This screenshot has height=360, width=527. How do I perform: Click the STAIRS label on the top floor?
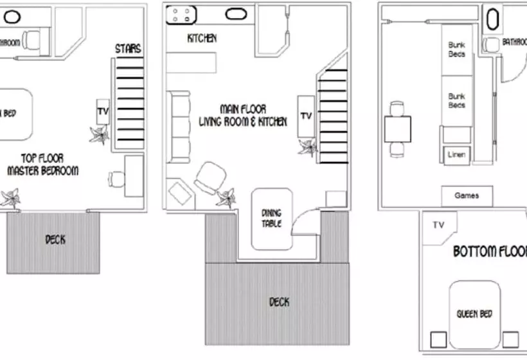(128, 49)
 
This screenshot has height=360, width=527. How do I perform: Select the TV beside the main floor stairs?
(306, 116)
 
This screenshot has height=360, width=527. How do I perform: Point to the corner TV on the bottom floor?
(440, 226)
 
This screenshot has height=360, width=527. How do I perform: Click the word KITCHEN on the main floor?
(202, 39)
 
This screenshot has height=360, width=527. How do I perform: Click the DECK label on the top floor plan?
(55, 240)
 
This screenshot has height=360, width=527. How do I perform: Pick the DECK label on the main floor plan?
(279, 301)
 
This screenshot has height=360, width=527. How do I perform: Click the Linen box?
(456, 155)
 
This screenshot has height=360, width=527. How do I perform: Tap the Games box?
(466, 196)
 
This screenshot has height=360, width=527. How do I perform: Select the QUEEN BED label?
(474, 314)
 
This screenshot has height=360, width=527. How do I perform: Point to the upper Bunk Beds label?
(457, 50)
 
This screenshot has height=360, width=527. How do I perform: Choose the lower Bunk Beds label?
(457, 100)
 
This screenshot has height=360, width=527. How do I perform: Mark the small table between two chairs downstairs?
(398, 129)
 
